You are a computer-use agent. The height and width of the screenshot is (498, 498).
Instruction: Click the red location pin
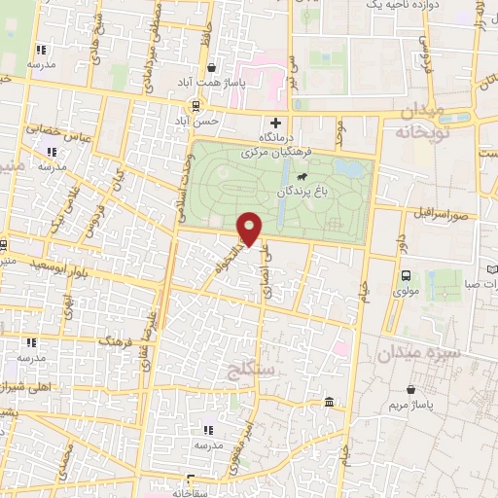point(250,228)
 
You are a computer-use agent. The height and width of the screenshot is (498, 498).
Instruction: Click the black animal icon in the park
point(303,177)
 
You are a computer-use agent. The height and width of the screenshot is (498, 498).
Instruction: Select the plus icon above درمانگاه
point(276,124)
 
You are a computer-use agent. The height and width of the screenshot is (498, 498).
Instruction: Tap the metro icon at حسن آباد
point(196,106)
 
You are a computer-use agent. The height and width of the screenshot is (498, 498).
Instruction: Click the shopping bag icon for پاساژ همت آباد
point(211,67)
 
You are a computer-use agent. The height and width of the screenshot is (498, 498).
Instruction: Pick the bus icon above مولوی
point(406,274)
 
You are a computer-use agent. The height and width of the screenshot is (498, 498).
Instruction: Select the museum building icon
point(330,402)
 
